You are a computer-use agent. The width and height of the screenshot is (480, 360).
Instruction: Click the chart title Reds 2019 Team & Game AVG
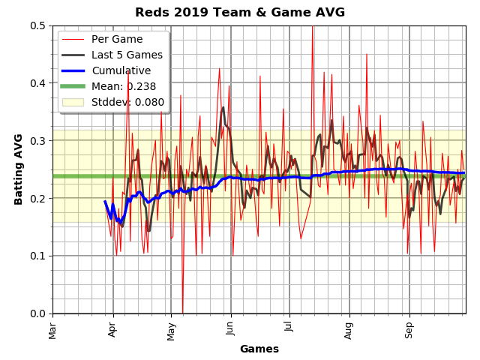[x=240, y=13]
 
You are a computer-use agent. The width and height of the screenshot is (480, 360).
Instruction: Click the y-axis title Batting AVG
[x=19, y=169]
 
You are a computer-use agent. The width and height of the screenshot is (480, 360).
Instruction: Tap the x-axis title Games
[x=259, y=349]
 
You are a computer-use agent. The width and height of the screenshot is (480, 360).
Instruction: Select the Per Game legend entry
[x=117, y=39]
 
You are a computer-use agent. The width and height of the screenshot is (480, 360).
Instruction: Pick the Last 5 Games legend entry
[x=127, y=55]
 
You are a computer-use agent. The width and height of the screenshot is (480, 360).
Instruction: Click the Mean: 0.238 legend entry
[x=124, y=86]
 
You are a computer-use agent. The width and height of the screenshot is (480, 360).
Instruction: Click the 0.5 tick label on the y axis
[x=37, y=25]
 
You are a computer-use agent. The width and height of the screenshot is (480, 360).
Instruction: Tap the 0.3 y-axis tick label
[x=37, y=141]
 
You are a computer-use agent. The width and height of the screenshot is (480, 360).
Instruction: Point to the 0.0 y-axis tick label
[x=37, y=313]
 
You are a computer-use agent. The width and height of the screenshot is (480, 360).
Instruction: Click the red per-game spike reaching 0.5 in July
[x=312, y=27]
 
